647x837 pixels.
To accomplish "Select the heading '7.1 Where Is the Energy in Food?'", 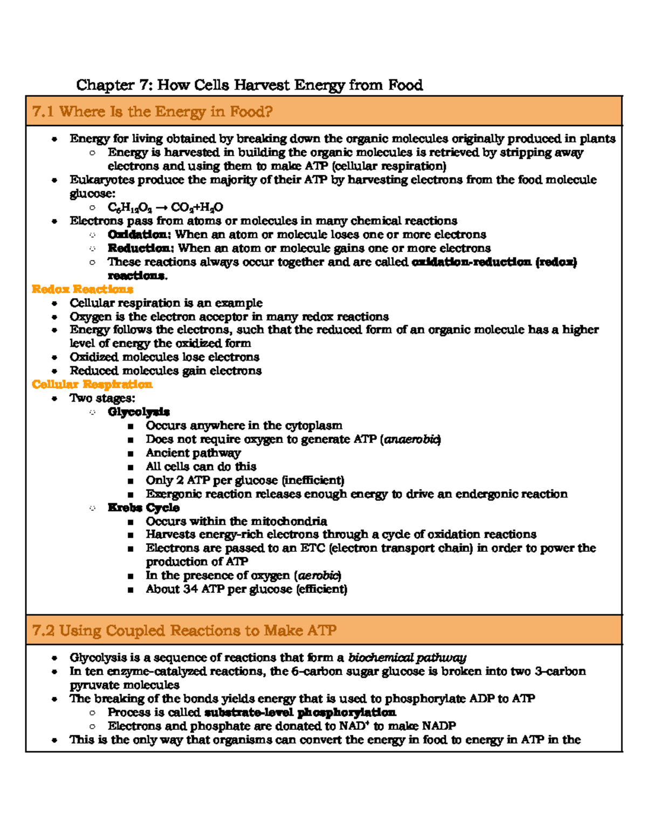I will tap(152, 112).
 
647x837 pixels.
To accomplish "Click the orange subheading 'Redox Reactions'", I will tap(82, 289).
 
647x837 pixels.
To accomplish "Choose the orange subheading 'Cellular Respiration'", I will tap(92, 384).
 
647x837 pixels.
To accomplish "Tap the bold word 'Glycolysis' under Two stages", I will tap(139, 412).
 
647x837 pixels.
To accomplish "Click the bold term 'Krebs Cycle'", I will tap(143, 508).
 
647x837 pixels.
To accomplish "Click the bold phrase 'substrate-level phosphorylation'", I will tap(300, 713).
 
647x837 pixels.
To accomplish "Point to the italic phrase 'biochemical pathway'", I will tap(407, 658).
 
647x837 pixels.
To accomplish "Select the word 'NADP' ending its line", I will tap(439, 726).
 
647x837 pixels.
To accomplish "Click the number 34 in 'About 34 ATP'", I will tap(191, 589).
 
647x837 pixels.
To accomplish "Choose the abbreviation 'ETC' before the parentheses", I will tap(312, 548).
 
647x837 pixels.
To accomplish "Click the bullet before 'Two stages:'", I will tap(54, 399).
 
